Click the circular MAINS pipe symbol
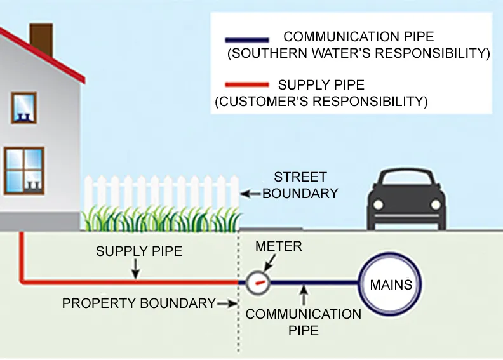[x=391, y=284]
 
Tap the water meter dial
[x=258, y=281]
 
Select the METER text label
[x=278, y=246]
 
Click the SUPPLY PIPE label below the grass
[x=138, y=251]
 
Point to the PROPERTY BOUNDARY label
[x=138, y=303]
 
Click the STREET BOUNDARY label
[x=300, y=185]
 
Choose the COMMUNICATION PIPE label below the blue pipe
[x=303, y=322]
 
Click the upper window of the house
[x=23, y=108]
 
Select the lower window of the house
[x=23, y=170]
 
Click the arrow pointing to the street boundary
[x=250, y=192]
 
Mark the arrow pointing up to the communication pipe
[x=304, y=295]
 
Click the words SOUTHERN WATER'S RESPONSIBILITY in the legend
[x=358, y=54]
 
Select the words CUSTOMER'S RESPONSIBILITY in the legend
[x=321, y=101]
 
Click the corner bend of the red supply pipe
[x=23, y=280]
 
